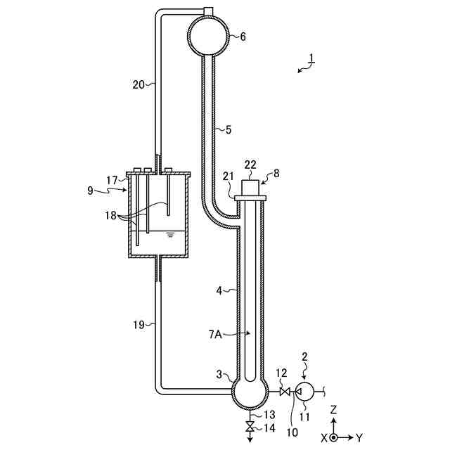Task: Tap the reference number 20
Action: (x=139, y=84)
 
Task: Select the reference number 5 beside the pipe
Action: (x=228, y=129)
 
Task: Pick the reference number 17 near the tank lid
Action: (x=112, y=180)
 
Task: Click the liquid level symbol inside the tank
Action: (x=169, y=234)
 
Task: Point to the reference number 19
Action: (x=139, y=324)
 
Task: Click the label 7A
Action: (x=214, y=336)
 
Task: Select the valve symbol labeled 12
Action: (x=285, y=391)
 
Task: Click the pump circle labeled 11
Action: (x=305, y=391)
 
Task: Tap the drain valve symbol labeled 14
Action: (x=250, y=427)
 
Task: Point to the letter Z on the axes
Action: (x=335, y=409)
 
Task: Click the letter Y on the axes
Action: (x=359, y=437)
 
